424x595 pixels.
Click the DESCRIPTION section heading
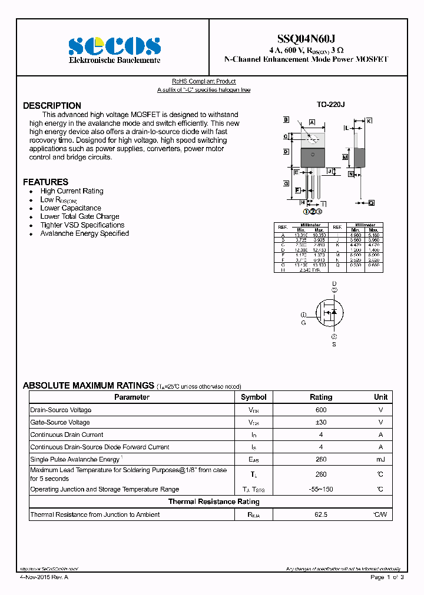pos(52,106)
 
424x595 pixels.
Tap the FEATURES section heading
pos(45,182)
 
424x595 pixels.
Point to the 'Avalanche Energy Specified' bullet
pos(84,233)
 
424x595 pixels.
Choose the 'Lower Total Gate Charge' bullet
pos(79,216)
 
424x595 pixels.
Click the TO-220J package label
pos(330,104)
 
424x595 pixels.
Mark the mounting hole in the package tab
pos(313,139)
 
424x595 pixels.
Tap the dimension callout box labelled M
pos(346,158)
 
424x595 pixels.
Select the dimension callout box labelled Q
pos(371,203)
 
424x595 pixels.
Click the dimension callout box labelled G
pos(286,183)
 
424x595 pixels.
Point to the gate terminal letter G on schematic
pos(304,323)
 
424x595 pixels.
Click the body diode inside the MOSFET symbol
pos(334,312)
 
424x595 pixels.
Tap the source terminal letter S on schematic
pos(334,344)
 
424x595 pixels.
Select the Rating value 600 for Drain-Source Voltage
pos(320,410)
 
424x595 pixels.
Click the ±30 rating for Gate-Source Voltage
pos(320,423)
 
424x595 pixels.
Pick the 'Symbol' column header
pos(254,397)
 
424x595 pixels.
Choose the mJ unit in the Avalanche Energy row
pos(380,459)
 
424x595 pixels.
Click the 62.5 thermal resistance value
pos(320,515)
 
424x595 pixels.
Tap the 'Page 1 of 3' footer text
pos(387,577)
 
